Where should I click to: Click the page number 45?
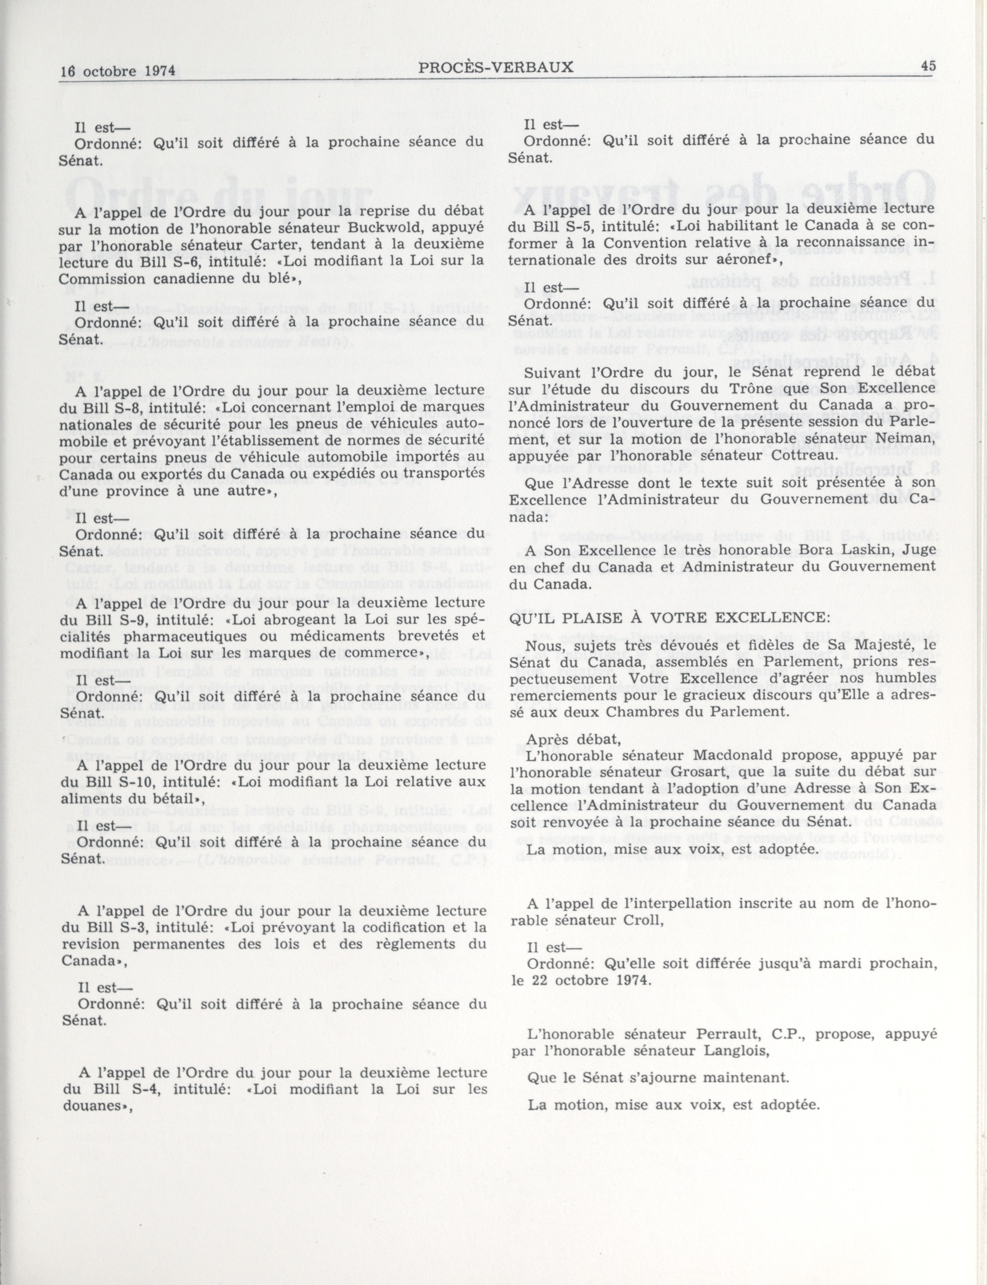tap(928, 67)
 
